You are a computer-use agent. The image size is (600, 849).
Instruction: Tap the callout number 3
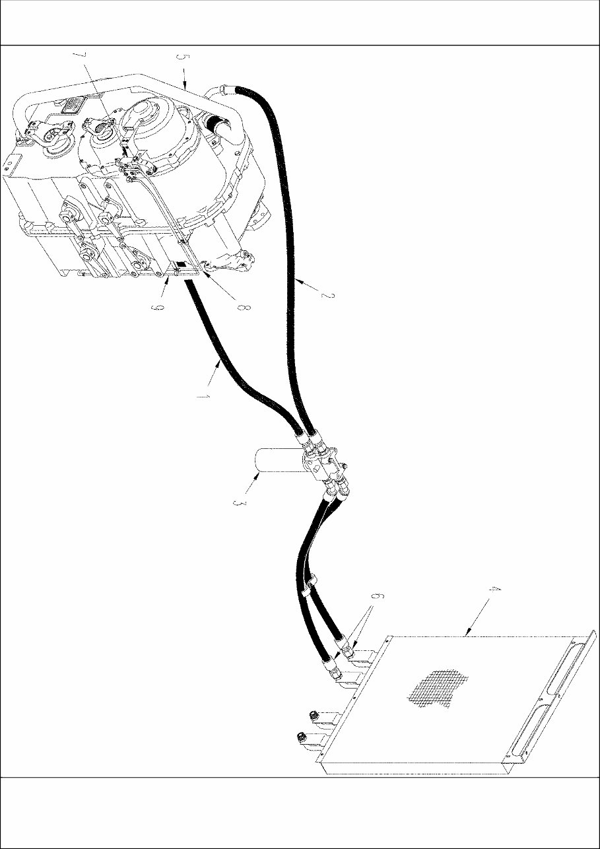tap(238, 504)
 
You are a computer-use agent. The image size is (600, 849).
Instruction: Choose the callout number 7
tap(81, 57)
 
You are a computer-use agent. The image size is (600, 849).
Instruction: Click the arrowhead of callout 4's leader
tap(467, 632)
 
